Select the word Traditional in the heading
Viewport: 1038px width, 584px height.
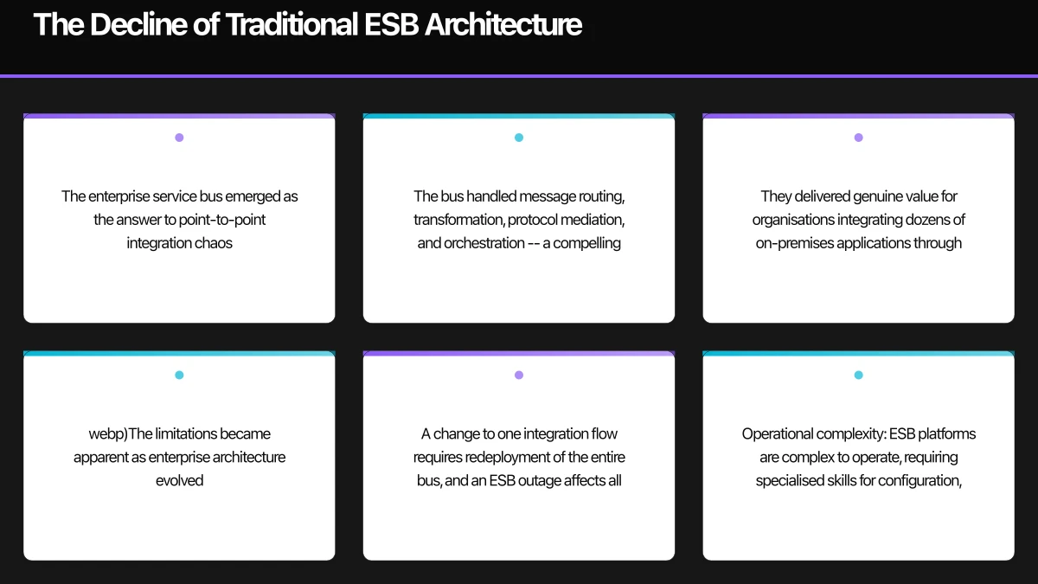(x=292, y=24)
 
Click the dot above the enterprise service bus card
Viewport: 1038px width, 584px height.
(x=179, y=138)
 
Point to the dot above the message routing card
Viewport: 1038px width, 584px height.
(x=519, y=138)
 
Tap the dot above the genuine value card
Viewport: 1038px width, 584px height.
(x=858, y=138)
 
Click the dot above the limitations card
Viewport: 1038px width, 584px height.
(x=179, y=375)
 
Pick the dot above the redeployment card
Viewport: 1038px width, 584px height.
(x=519, y=375)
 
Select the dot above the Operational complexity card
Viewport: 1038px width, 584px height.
(x=858, y=375)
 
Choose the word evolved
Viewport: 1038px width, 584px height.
(x=179, y=480)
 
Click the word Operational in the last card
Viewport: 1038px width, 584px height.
(x=777, y=433)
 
